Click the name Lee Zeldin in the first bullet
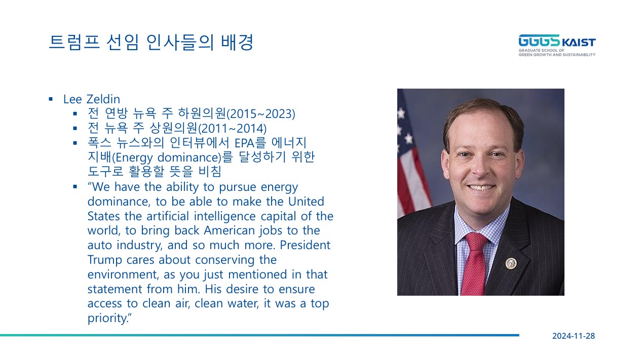coord(92,99)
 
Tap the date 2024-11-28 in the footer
coord(574,336)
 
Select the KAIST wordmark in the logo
coord(579,43)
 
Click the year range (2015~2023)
coord(260,114)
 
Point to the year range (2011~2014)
coord(232,129)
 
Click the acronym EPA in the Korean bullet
coord(245,143)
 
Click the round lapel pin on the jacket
coord(511,263)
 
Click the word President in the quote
coord(305,245)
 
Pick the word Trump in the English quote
coord(104,260)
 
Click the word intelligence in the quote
coord(224,216)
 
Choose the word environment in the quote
coord(123,274)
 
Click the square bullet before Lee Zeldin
coord(51,99)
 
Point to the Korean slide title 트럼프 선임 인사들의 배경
coord(151,43)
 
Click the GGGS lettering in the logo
coord(539,41)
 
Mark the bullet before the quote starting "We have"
coord(75,187)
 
